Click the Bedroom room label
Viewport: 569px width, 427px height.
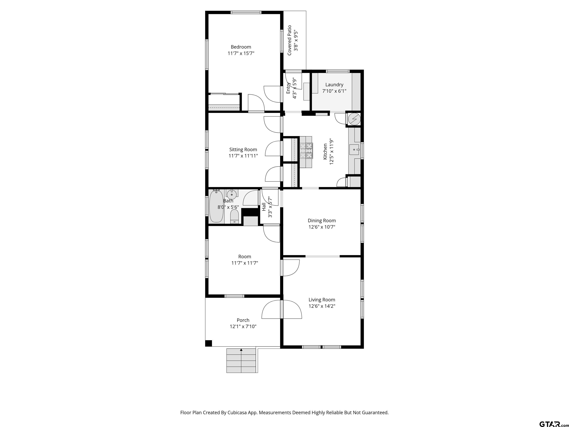click(241, 47)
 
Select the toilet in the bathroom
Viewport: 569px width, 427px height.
click(234, 216)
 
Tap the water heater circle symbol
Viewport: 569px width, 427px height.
click(354, 119)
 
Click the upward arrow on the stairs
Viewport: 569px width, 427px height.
click(241, 350)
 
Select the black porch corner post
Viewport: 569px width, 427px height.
click(209, 343)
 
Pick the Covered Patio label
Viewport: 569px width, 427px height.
click(289, 40)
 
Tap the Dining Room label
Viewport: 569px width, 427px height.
click(322, 221)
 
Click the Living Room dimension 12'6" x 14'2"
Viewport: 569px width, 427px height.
click(322, 306)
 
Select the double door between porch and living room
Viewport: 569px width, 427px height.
click(282, 309)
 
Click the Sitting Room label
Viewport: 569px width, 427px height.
click(243, 150)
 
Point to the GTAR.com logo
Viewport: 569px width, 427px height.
click(553, 417)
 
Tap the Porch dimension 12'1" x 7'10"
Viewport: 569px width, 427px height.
click(243, 327)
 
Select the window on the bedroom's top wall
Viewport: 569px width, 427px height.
click(246, 12)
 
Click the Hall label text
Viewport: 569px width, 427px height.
click(264, 207)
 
